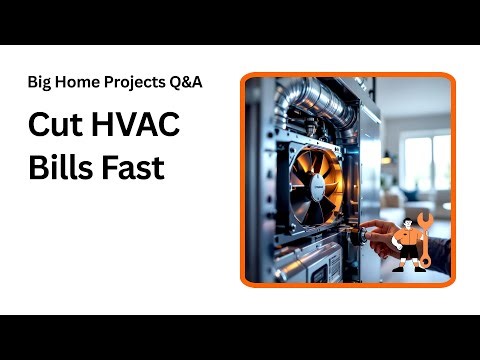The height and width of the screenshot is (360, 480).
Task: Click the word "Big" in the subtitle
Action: point(39,82)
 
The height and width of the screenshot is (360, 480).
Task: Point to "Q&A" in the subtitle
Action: point(186,82)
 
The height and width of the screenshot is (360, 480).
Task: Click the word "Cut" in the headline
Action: point(54,128)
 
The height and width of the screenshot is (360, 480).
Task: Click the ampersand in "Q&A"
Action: point(186,82)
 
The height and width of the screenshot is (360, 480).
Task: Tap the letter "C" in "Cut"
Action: point(37,128)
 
